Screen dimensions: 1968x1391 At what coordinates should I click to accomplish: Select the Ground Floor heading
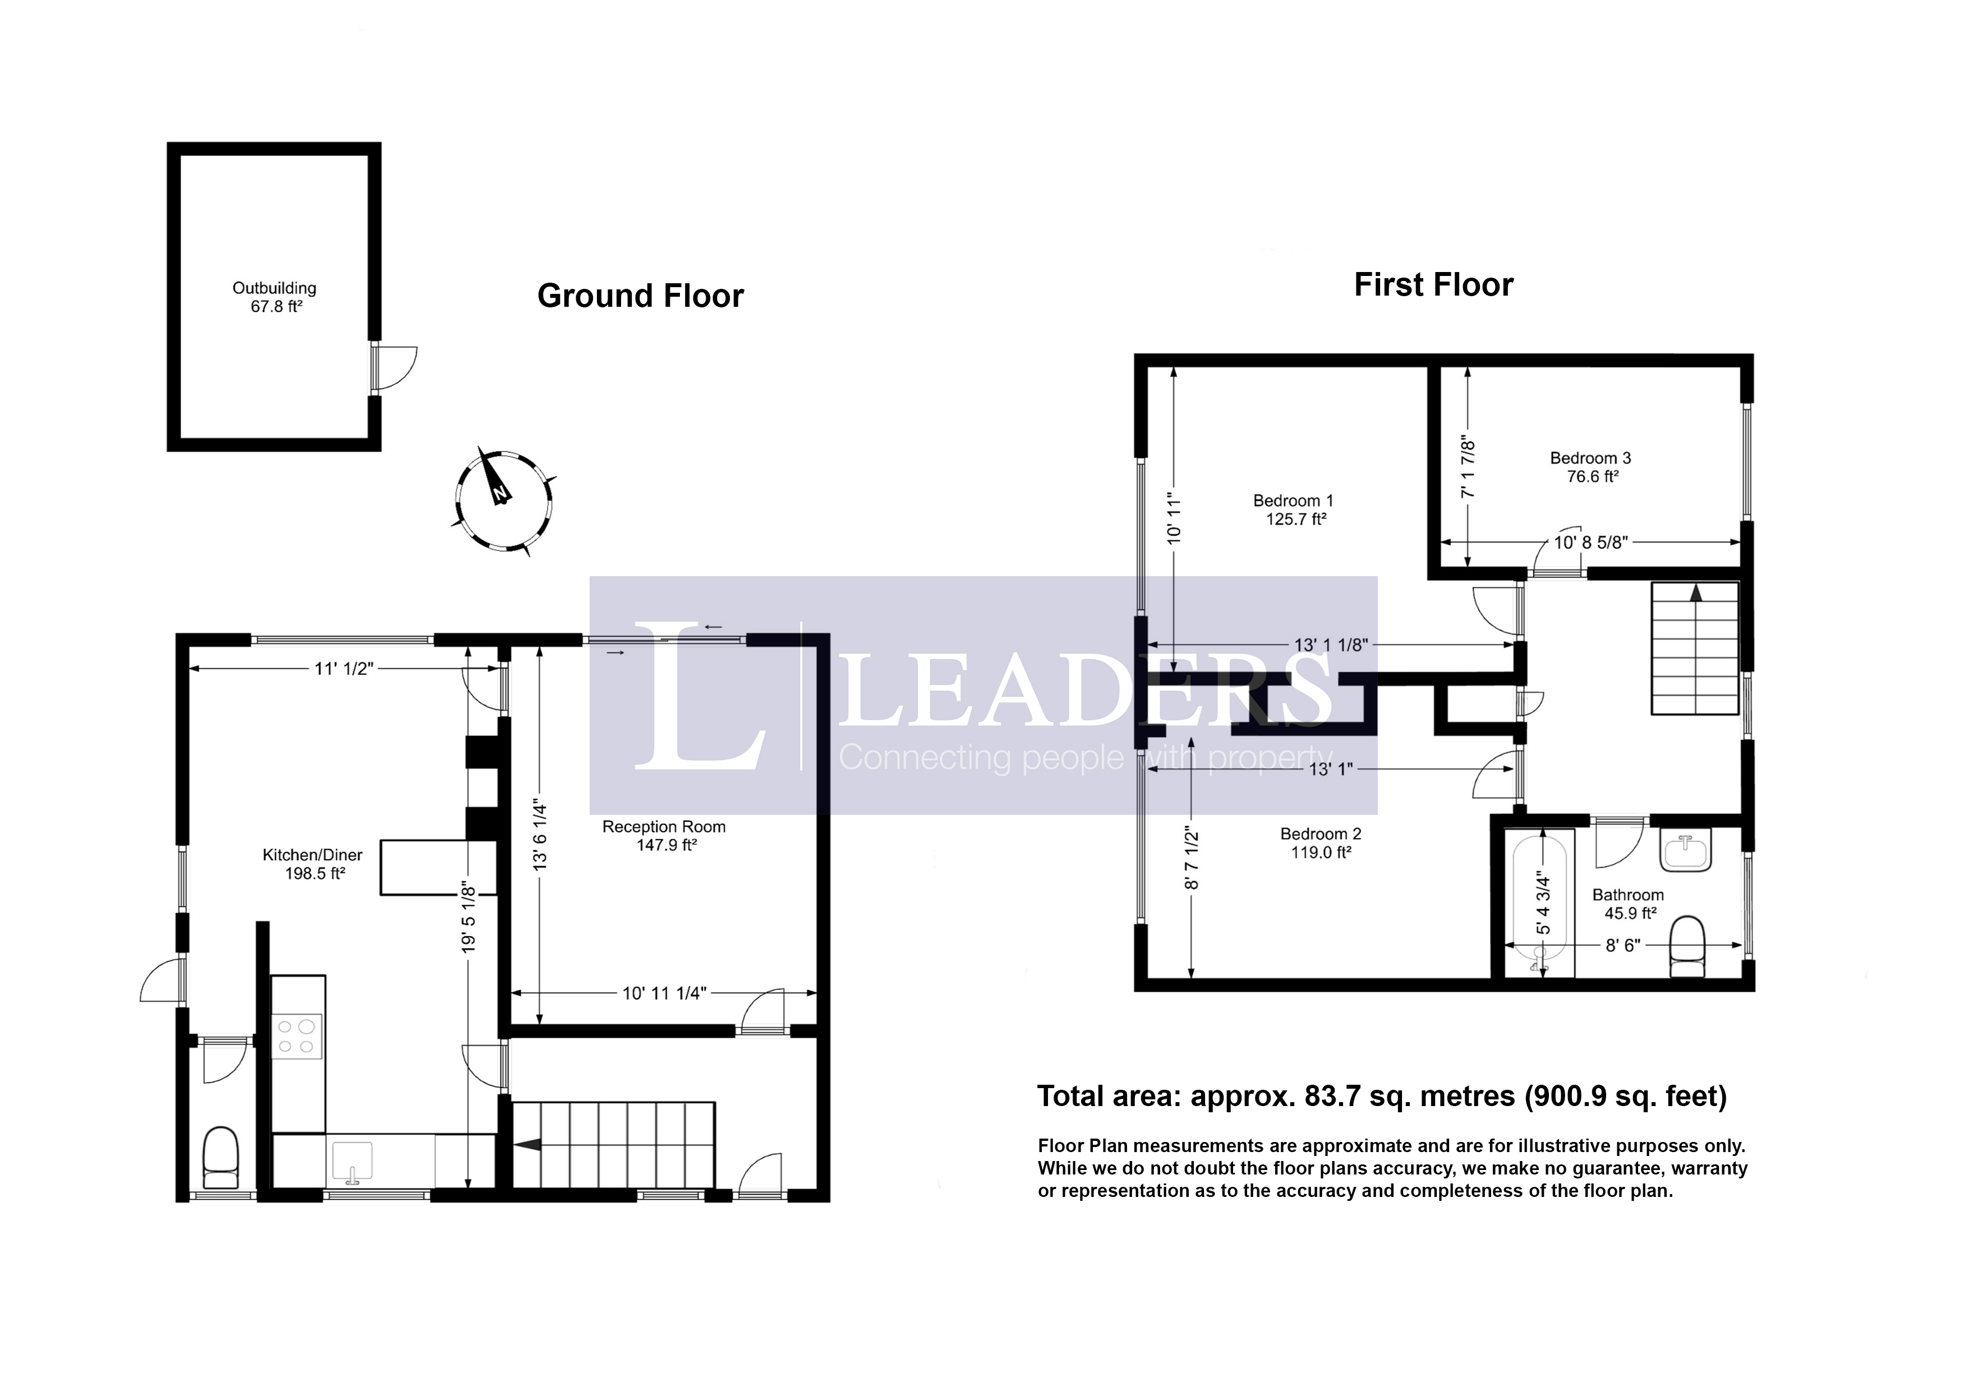point(640,296)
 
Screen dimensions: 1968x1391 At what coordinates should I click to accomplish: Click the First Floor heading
point(1433,284)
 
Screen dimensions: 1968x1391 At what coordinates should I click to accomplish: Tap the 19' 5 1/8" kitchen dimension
point(468,917)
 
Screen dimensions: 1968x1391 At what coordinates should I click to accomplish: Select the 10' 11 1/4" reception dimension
point(664,993)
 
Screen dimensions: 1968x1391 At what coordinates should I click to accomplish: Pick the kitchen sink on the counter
point(351,1159)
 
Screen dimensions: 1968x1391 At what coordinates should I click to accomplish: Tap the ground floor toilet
point(221,1157)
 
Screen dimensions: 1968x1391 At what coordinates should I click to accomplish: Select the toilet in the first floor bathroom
point(1687,947)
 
